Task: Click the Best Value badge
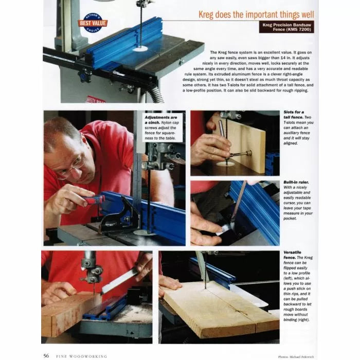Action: [93, 23]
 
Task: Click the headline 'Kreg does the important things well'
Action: [256, 14]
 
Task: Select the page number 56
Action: [46, 355]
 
